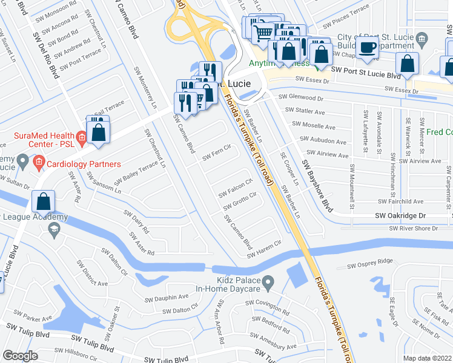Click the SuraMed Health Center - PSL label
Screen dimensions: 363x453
[x=41, y=141]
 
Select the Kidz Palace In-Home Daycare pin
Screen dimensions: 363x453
[x=270, y=281]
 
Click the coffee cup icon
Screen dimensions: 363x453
[x=366, y=48]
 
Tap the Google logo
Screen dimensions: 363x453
[x=20, y=356]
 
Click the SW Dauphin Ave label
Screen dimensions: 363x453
[x=167, y=298]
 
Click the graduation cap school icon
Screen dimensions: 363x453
[x=53, y=228]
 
